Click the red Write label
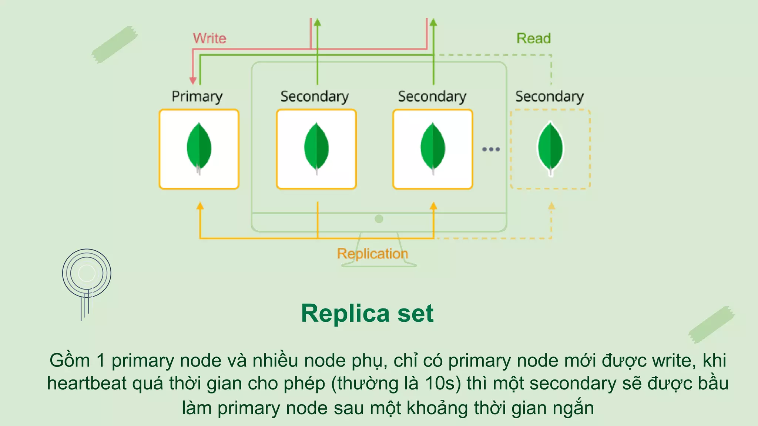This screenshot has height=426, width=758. click(209, 38)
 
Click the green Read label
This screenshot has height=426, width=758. click(533, 38)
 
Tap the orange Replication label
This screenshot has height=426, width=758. click(372, 254)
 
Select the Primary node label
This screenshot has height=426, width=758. click(197, 96)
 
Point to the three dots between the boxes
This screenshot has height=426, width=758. click(491, 149)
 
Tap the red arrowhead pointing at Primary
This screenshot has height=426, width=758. click(193, 81)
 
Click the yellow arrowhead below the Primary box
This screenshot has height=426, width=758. click(200, 206)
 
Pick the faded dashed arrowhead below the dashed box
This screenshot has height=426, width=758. click(551, 206)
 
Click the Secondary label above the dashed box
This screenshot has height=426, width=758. click(549, 96)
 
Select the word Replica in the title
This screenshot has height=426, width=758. click(345, 314)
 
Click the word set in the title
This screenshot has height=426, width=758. click(415, 314)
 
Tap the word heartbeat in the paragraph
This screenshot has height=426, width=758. click(87, 383)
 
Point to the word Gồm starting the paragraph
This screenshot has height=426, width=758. click(70, 360)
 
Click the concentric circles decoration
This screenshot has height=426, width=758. click(87, 274)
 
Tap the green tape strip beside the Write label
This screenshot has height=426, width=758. click(114, 44)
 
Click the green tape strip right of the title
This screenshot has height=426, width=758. click(711, 324)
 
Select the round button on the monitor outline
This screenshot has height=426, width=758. click(379, 219)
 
